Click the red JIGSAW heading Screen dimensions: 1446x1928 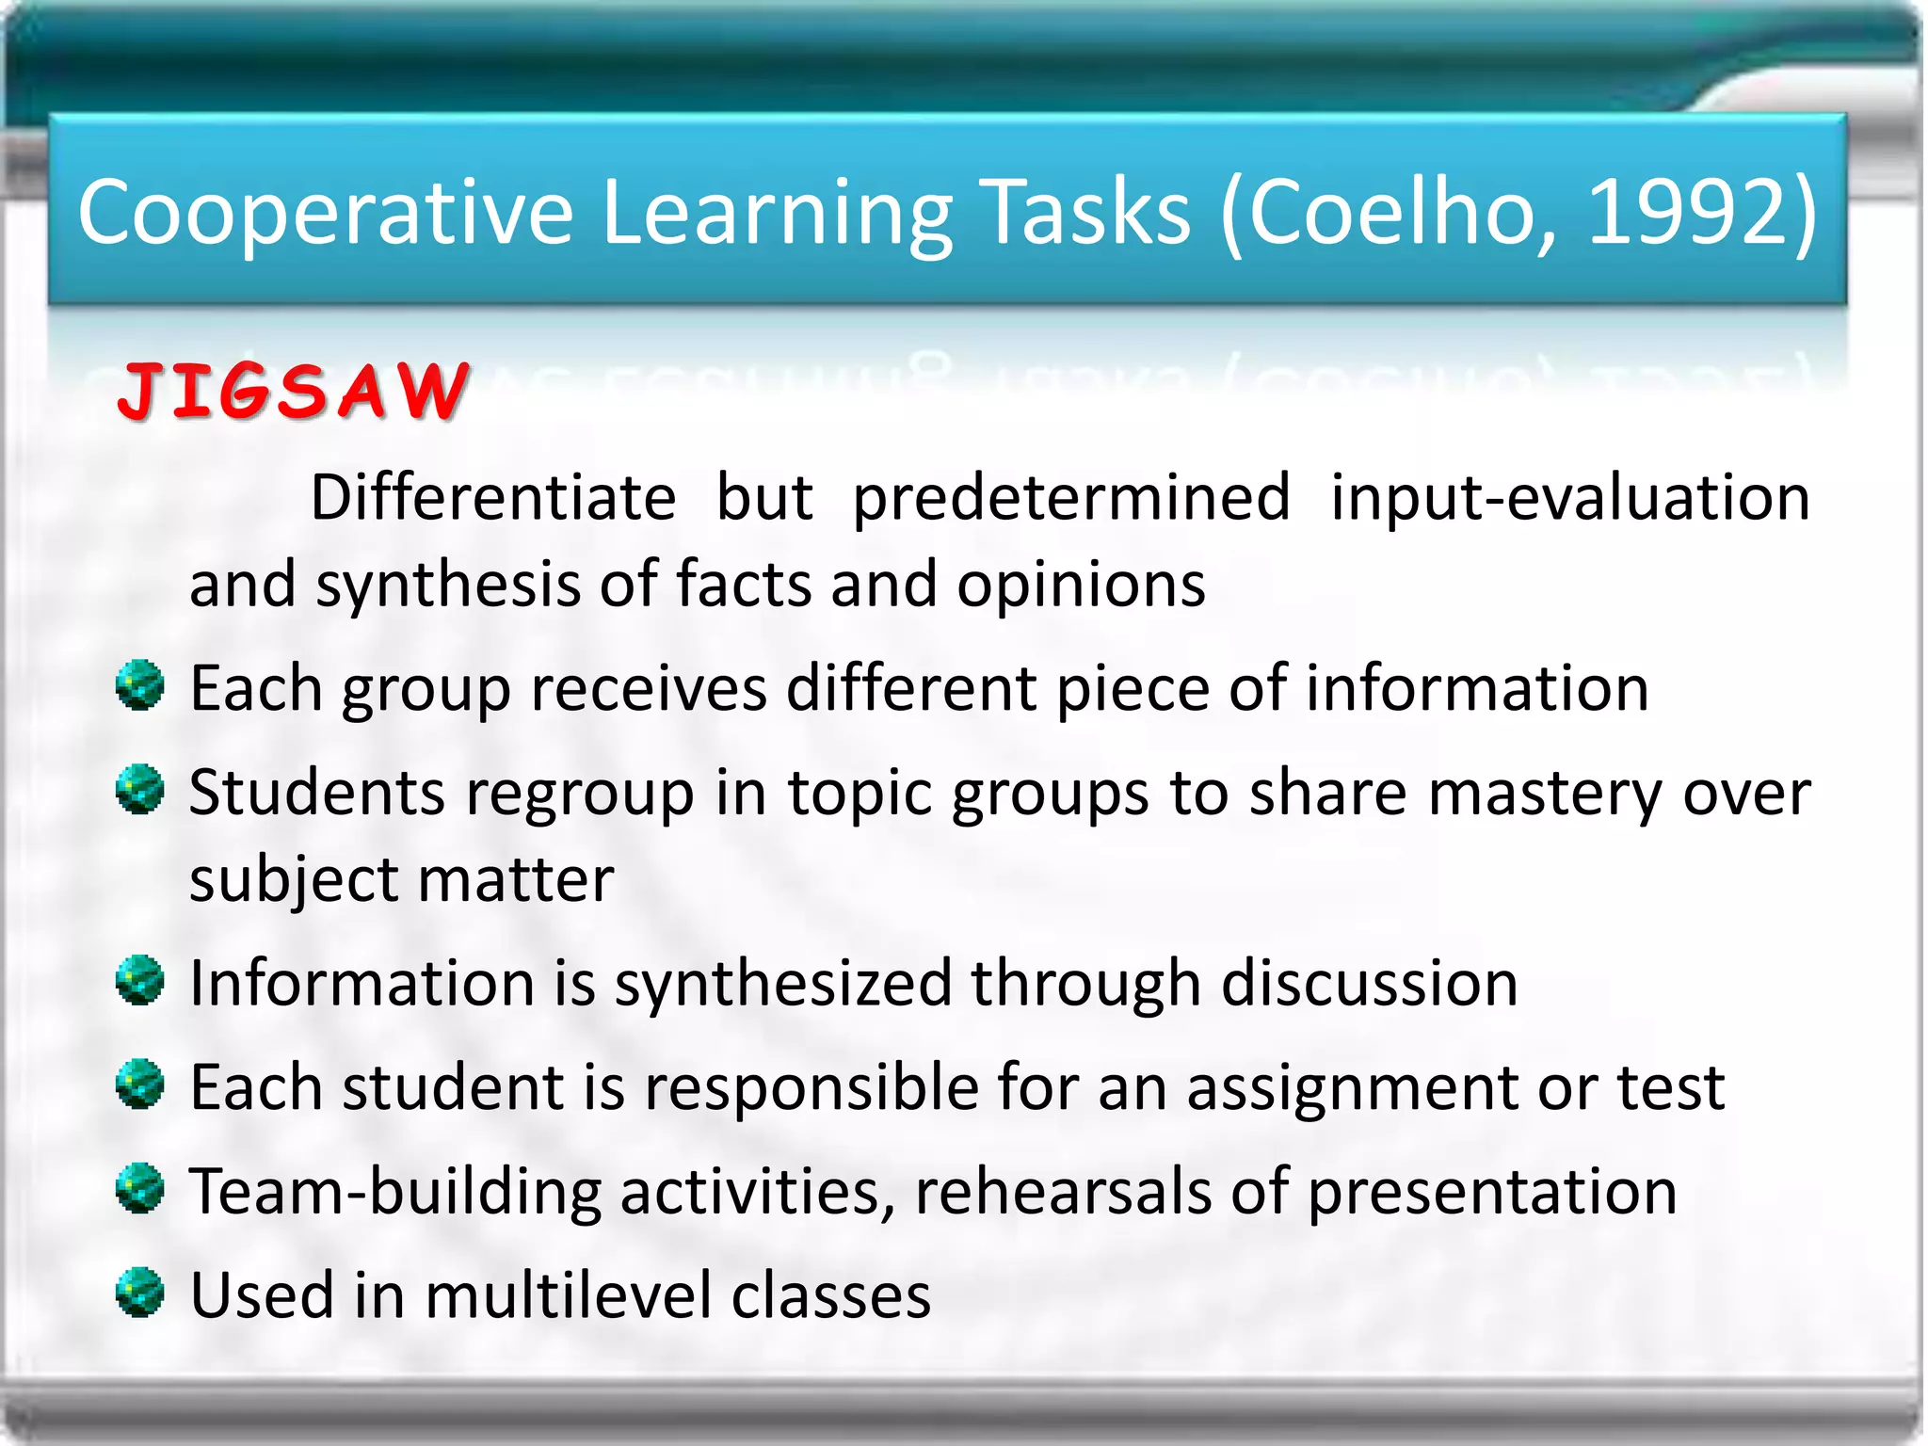(292, 391)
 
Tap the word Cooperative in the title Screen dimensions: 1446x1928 (325, 215)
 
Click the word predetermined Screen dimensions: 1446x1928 (1070, 499)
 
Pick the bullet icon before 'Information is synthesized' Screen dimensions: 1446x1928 (140, 981)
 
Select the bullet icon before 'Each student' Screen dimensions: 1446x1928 (140, 1084)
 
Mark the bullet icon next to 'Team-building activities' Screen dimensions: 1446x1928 (140, 1188)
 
